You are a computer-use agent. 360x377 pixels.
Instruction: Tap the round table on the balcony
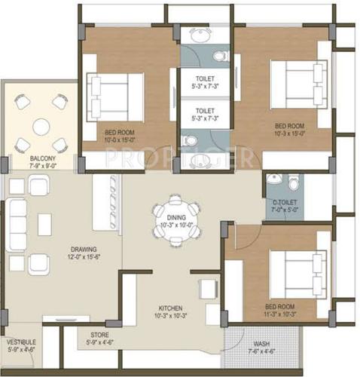pyautogui.click(x=41, y=126)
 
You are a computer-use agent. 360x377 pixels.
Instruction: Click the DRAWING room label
pyautogui.click(x=83, y=250)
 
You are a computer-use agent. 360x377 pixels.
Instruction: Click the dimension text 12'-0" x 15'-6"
pyautogui.click(x=83, y=258)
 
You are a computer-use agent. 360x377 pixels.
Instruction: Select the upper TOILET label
pyautogui.click(x=206, y=78)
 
